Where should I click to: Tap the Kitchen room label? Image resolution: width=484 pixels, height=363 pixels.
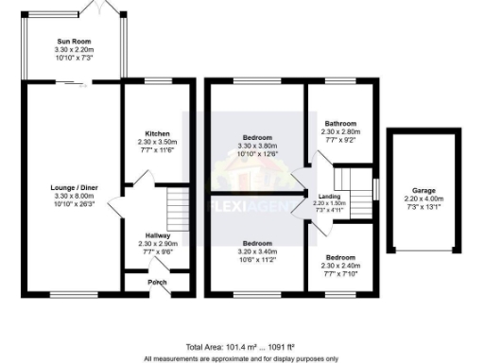point(157,133)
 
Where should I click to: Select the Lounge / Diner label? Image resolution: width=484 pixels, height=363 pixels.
point(71,187)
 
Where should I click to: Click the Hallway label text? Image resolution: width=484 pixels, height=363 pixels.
point(157,235)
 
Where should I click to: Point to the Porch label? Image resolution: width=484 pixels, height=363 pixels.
point(157,282)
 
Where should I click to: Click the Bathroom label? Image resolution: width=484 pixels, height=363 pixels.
point(340,124)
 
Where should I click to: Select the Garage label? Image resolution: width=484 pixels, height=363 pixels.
point(423,190)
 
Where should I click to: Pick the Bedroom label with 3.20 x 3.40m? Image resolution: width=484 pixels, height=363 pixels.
point(257,242)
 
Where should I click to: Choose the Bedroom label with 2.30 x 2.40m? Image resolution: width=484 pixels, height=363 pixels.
point(340,258)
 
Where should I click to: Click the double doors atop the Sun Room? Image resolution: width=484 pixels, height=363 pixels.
point(100,8)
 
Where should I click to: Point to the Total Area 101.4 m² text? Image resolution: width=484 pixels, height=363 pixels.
point(210,348)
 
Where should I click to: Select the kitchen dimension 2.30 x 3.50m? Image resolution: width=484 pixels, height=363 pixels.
point(157,142)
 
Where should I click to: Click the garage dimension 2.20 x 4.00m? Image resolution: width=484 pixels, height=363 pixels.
point(423,199)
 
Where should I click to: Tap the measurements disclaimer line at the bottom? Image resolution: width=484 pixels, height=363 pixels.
point(241,358)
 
